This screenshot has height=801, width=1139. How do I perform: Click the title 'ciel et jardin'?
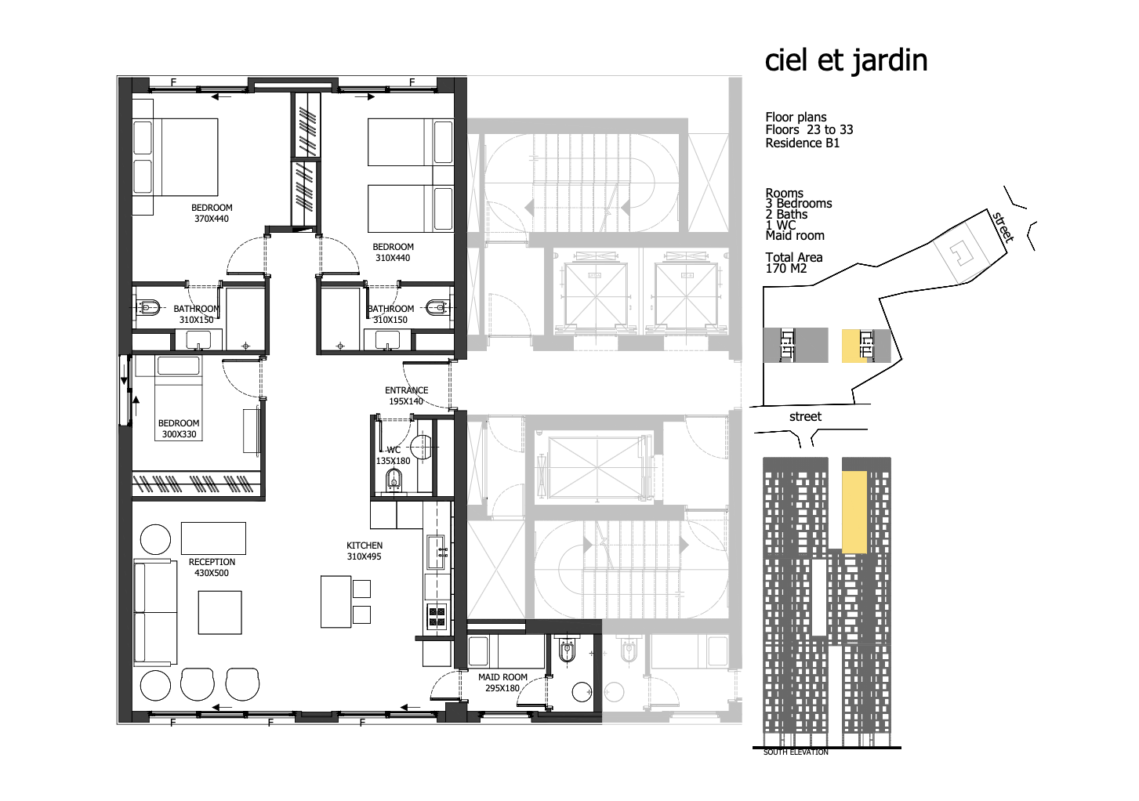(x=846, y=61)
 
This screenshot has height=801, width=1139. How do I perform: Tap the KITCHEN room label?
(x=364, y=545)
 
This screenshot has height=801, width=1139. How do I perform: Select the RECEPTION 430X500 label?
(x=212, y=567)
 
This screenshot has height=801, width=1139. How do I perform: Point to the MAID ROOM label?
(x=502, y=677)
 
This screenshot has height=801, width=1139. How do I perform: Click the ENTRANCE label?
(x=406, y=390)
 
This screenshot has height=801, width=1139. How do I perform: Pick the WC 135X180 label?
(x=393, y=455)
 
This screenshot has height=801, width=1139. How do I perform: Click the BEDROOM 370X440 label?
(x=212, y=213)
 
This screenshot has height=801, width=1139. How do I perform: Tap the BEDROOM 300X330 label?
(x=179, y=429)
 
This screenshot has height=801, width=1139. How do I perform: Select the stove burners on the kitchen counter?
(x=437, y=615)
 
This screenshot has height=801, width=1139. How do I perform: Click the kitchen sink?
(x=436, y=553)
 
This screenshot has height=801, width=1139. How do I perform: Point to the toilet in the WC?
(x=394, y=480)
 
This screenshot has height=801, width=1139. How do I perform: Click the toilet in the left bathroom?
(x=148, y=307)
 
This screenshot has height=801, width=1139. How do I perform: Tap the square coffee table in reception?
(x=219, y=612)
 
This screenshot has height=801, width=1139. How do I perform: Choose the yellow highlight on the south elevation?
(x=854, y=512)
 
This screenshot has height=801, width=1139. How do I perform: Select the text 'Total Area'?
(x=794, y=257)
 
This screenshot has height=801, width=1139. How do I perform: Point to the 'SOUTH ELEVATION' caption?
(x=796, y=752)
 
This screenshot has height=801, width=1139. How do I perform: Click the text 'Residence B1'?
(x=803, y=143)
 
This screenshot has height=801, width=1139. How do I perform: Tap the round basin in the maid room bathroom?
(x=582, y=692)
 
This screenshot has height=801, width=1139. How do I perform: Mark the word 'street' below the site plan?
(x=805, y=416)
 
